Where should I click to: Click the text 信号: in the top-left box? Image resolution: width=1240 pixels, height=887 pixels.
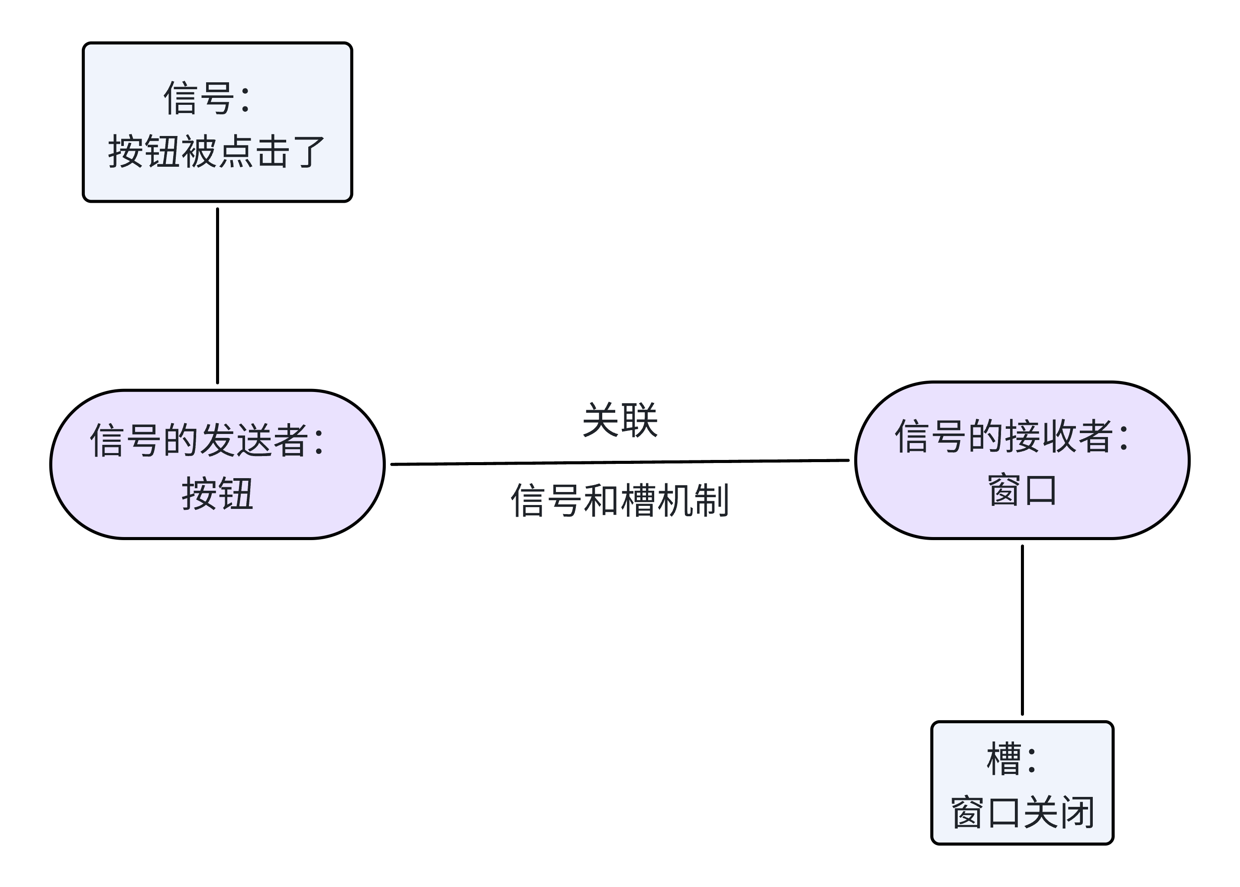[x=207, y=98]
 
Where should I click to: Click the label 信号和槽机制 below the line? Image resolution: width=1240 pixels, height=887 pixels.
[x=620, y=500]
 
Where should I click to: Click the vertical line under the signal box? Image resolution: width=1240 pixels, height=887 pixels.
[x=217, y=295]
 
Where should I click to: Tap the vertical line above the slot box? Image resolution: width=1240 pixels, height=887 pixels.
[x=1022, y=629]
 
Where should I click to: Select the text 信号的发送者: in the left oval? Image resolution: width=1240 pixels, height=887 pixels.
[x=207, y=440]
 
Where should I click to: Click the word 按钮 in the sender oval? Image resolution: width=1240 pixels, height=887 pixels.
[x=217, y=493]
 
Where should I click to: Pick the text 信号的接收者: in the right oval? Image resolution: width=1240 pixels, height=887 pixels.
[x=1012, y=436]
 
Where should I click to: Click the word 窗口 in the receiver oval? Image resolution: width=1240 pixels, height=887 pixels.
[x=1022, y=490]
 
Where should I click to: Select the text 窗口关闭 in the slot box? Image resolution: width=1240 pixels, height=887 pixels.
[x=1022, y=813]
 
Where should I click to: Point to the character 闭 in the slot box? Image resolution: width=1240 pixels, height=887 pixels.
[x=1077, y=813]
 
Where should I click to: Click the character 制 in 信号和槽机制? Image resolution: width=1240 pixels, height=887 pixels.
[x=711, y=500]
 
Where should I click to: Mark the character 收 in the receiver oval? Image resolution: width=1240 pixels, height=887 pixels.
[x=1059, y=436]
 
